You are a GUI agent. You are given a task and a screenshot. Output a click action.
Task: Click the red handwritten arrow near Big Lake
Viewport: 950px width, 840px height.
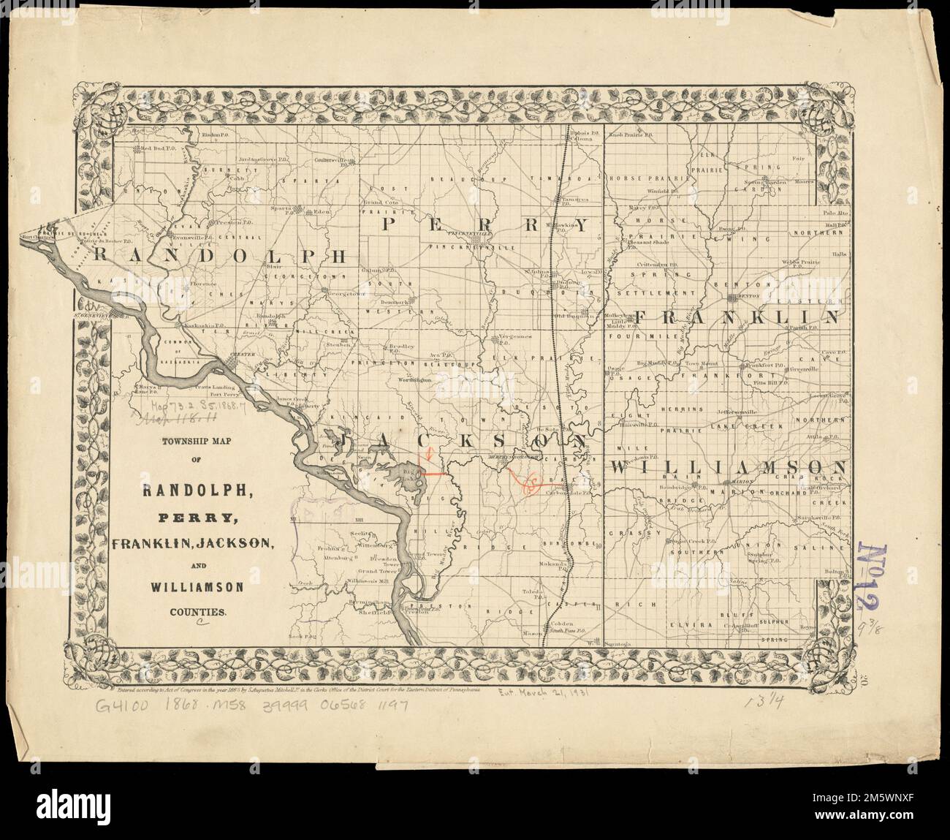point(429,455)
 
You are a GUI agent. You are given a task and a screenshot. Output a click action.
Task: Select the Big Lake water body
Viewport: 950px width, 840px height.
point(399,479)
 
